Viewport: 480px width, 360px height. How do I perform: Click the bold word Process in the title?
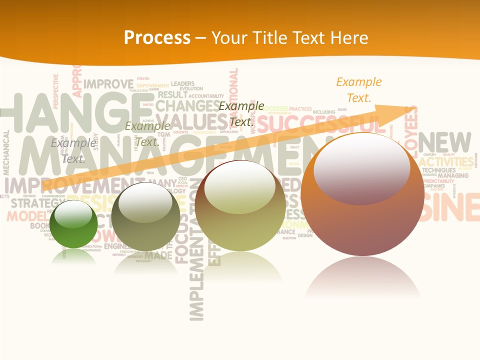coord(157,37)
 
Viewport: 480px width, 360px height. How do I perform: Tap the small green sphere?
coord(73,223)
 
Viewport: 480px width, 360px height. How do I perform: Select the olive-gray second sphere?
coord(145,216)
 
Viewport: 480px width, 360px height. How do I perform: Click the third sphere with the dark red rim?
coord(240,205)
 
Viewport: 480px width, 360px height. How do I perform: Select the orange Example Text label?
coord(358,90)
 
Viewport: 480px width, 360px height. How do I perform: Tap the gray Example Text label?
coord(73,151)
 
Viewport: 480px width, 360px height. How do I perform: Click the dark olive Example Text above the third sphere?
coord(241,114)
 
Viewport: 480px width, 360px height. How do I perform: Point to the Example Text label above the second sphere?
coord(147,134)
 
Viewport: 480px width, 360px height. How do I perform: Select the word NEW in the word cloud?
coord(445,142)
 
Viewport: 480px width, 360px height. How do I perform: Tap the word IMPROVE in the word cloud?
coord(108,84)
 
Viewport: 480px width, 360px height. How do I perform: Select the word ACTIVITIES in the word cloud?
coord(446,162)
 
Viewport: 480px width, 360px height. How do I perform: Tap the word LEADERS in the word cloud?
coord(182,83)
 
